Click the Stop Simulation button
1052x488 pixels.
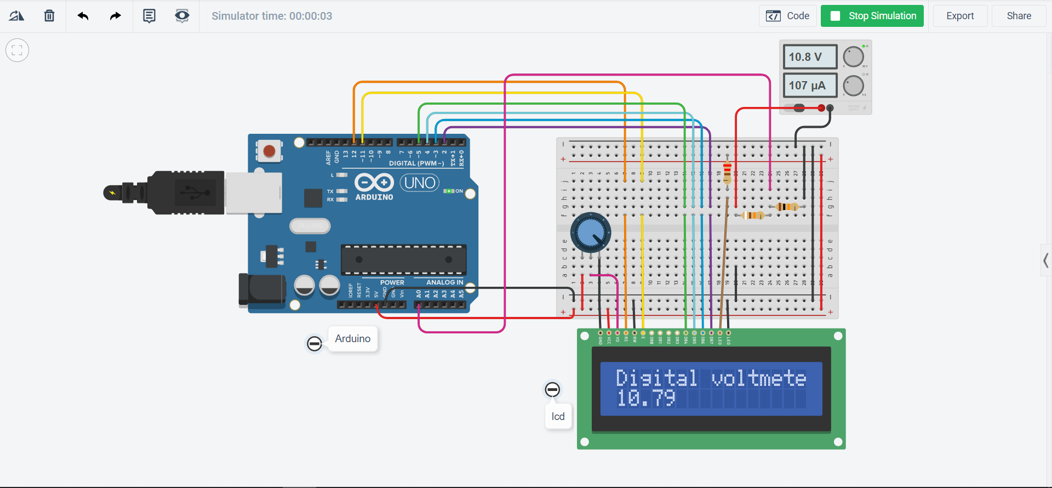point(872,16)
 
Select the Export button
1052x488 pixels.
point(960,16)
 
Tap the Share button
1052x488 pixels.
point(1019,16)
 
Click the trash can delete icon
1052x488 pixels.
point(49,16)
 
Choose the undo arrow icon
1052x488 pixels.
point(83,16)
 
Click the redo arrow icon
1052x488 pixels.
point(115,16)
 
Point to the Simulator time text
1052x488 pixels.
point(272,16)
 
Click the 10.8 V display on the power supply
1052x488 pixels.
point(810,57)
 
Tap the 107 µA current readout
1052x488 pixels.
point(810,86)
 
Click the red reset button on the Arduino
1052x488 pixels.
point(269,151)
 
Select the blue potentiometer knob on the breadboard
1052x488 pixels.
point(591,233)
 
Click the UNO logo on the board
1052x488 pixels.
point(420,183)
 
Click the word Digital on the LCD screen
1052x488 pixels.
point(656,378)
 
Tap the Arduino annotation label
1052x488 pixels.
point(353,339)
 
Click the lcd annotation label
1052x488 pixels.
point(558,417)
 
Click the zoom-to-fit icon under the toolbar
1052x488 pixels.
point(17,50)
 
